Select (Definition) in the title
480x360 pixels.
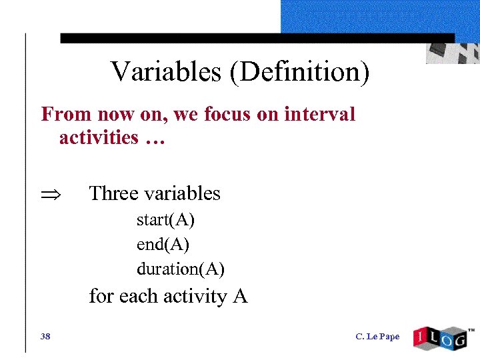tap(299, 72)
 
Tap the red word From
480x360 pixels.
tap(66, 114)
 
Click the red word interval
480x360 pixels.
tap(319, 114)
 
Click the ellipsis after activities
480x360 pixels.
tap(154, 139)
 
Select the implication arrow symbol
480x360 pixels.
tap(52, 194)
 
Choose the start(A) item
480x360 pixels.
tap(165, 219)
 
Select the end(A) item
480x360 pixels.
tap(163, 245)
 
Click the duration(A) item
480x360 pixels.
tap(180, 269)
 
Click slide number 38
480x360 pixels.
tap(45, 336)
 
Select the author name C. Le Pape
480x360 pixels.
tap(378, 336)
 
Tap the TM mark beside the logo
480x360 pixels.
tap(471, 329)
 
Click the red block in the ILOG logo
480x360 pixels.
tap(420, 337)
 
